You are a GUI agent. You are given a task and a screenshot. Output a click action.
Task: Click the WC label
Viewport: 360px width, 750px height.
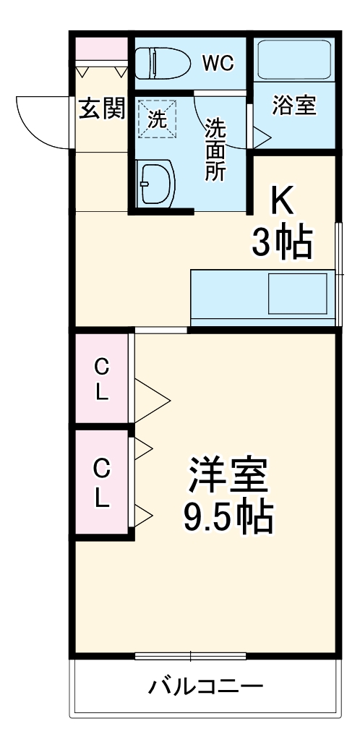click(x=218, y=64)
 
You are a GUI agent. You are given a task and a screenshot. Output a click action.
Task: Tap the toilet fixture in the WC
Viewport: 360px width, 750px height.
click(x=163, y=63)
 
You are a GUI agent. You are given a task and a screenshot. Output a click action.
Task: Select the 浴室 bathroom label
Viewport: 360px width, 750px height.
click(x=293, y=105)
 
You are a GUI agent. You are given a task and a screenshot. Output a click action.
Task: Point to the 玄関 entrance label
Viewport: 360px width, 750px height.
click(x=101, y=109)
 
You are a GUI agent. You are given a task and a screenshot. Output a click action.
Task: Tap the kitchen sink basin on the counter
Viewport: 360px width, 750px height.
click(x=298, y=294)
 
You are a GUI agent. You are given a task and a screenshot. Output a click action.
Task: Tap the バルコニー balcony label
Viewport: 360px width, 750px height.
click(x=205, y=686)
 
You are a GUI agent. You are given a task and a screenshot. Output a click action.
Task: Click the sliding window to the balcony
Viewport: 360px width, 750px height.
click(x=190, y=657)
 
